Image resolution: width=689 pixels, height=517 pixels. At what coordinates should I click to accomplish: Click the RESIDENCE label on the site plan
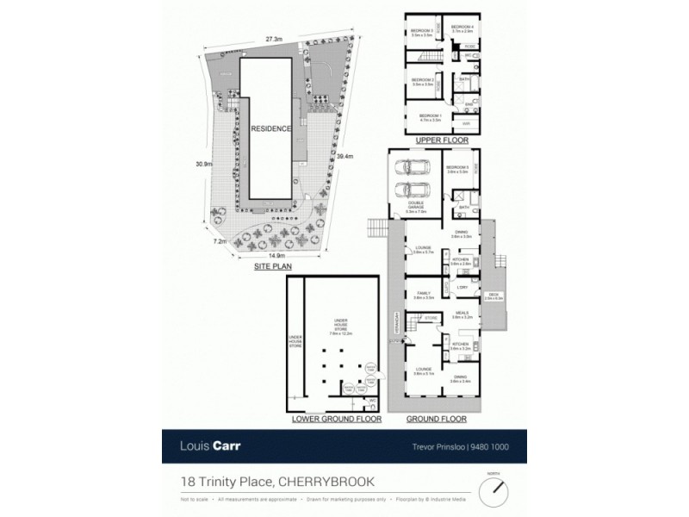pyautogui.click(x=271, y=128)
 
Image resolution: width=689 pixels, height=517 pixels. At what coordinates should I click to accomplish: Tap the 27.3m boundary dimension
pyautogui.click(x=274, y=39)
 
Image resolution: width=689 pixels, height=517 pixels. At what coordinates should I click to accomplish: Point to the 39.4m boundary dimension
pyautogui.click(x=344, y=156)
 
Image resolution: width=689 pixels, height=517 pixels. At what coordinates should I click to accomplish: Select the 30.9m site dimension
pyautogui.click(x=204, y=165)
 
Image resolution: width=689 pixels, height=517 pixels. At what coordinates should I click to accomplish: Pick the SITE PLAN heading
pyautogui.click(x=273, y=268)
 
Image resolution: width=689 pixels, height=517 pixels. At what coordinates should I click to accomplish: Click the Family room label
pyautogui.click(x=423, y=295)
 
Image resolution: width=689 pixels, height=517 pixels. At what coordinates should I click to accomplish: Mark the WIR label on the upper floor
pyautogui.click(x=466, y=124)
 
